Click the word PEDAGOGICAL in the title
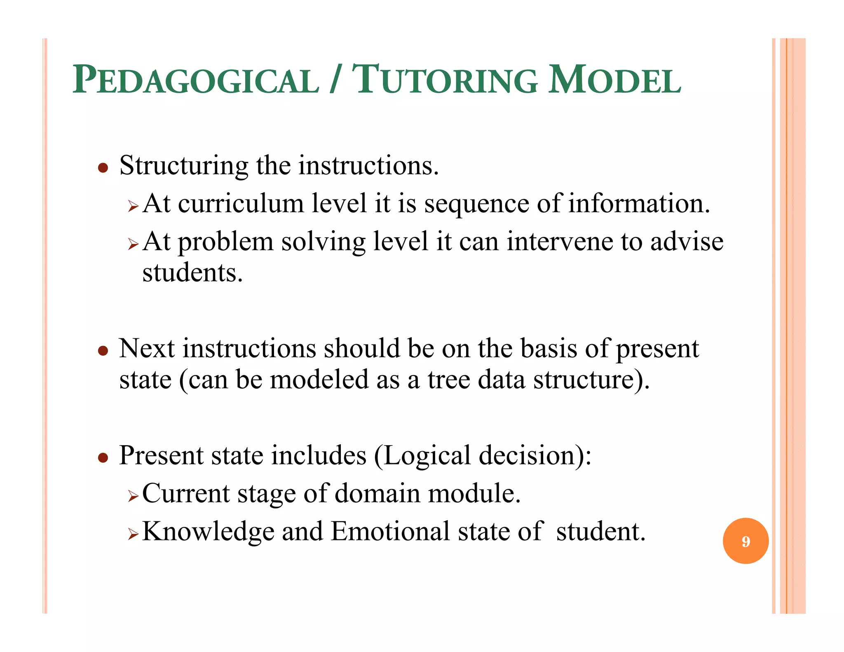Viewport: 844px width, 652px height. [196, 80]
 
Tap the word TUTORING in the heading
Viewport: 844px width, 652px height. [445, 80]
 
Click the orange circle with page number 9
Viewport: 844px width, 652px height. [746, 541]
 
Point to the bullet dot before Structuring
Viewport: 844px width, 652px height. [103, 168]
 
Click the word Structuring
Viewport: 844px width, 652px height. [183, 166]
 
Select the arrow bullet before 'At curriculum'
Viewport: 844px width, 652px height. [133, 206]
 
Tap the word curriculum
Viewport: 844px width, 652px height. [241, 204]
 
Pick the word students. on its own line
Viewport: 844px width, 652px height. [192, 273]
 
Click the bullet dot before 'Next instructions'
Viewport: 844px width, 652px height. [103, 351]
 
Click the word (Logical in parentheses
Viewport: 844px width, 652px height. [422, 456]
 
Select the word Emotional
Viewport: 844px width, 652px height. [390, 532]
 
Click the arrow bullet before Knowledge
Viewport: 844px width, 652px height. [133, 534]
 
